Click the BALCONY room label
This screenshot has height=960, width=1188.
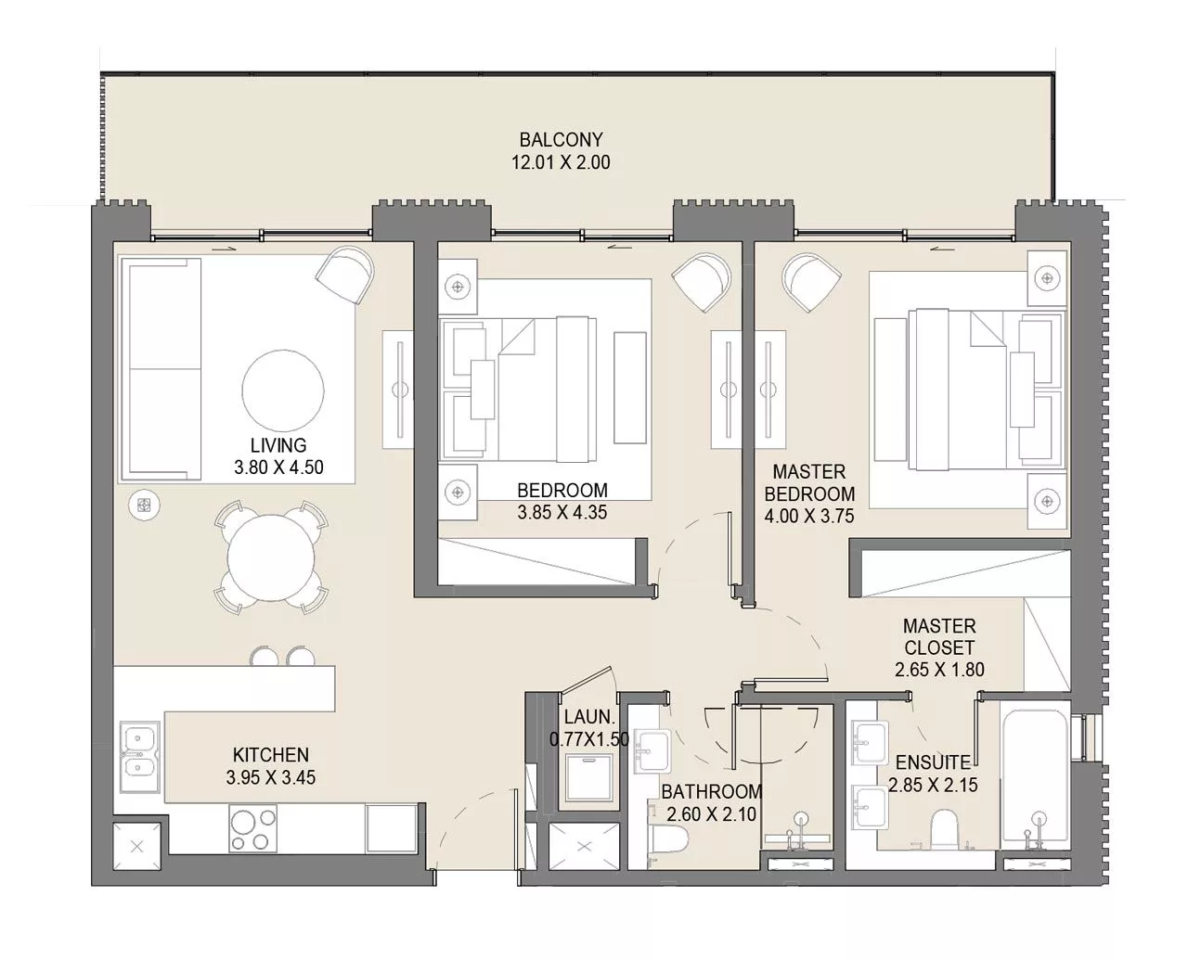(561, 140)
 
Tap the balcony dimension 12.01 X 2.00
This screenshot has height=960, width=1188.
(561, 162)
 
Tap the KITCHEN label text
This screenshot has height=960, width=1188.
(270, 755)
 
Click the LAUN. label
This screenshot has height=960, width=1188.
(588, 717)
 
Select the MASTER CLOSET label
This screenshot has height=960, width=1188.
(939, 637)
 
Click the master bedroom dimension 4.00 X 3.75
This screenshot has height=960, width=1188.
(809, 517)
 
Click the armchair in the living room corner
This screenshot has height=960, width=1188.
(345, 274)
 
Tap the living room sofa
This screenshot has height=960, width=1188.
(160, 368)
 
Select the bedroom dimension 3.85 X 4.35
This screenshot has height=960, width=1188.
(562, 512)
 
